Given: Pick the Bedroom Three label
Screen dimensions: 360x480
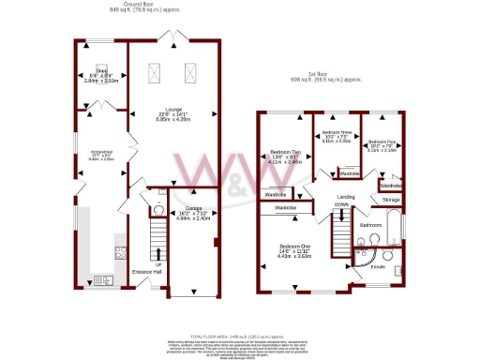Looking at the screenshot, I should [x=337, y=133].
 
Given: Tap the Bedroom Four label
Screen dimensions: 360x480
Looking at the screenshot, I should [x=383, y=142].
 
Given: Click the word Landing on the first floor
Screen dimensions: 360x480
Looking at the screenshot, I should [x=346, y=197].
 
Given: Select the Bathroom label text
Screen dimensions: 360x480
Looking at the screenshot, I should [x=372, y=225].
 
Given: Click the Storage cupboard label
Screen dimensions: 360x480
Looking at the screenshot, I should [x=391, y=200].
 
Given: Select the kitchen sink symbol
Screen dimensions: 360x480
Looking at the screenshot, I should [x=101, y=279].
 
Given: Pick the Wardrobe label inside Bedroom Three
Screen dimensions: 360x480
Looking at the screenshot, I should [x=349, y=173].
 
